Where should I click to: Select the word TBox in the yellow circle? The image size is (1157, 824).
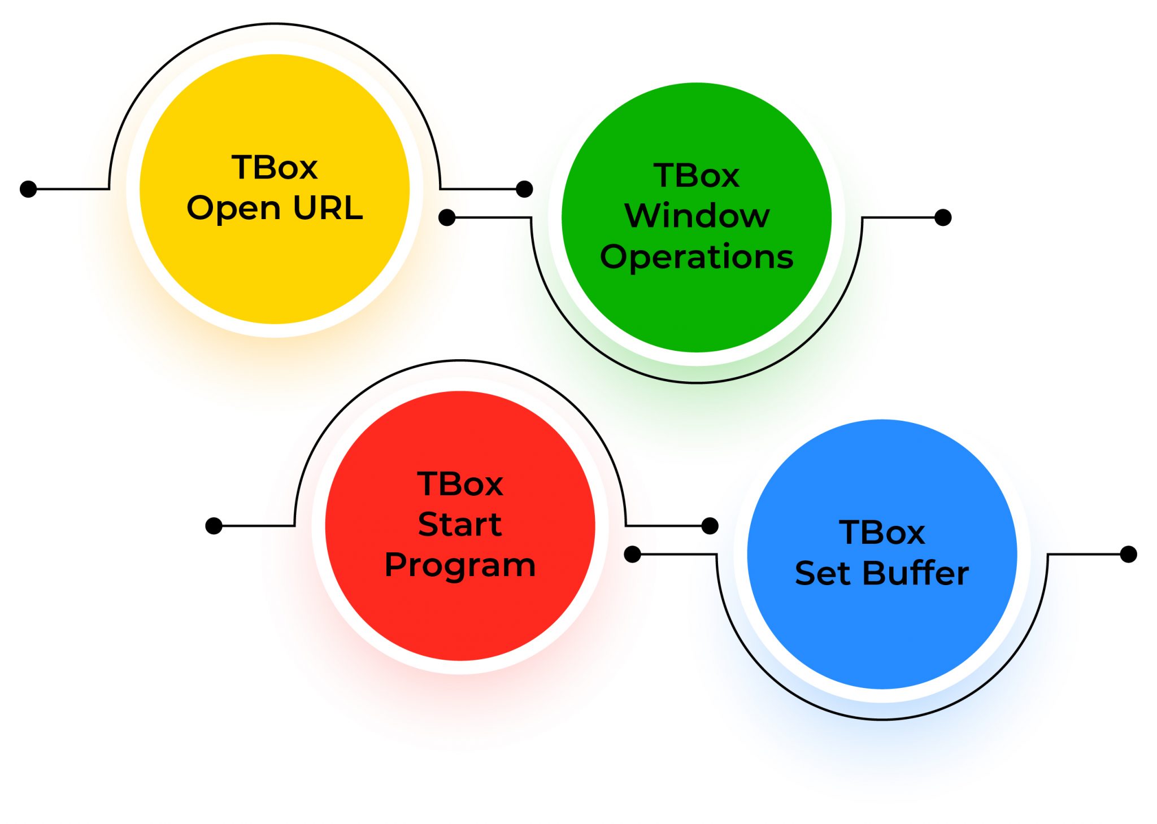[275, 167]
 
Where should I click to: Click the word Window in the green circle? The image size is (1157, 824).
[697, 216]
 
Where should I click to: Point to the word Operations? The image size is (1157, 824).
[697, 258]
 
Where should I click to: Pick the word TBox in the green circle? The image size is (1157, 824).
[697, 176]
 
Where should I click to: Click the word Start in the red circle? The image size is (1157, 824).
[460, 524]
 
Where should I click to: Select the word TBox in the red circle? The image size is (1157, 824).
[460, 484]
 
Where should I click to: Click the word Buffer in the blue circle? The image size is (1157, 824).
[916, 573]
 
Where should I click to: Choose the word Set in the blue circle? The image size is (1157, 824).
[823, 573]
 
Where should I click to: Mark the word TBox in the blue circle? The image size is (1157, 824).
[882, 533]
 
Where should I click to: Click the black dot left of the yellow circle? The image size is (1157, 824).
[28, 189]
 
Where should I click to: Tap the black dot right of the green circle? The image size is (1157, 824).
[943, 217]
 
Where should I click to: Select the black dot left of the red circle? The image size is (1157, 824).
[214, 526]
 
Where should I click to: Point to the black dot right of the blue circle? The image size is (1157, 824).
[1128, 554]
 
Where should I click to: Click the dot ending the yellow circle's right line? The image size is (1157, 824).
[524, 189]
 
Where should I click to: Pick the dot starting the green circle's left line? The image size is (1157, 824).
[447, 217]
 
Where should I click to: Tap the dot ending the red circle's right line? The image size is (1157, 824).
[710, 526]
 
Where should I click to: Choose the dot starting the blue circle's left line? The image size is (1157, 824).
[632, 554]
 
